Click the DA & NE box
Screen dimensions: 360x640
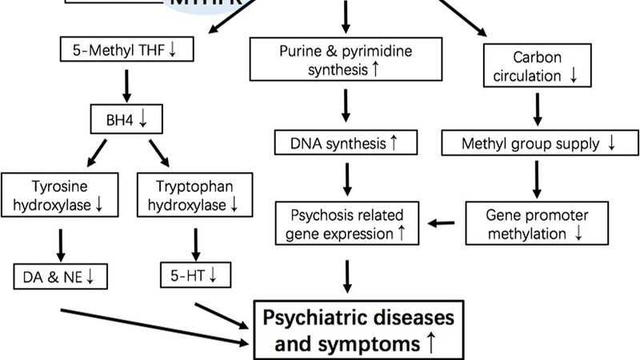pyautogui.click(x=59, y=277)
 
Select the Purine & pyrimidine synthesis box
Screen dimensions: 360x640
pyautogui.click(x=345, y=58)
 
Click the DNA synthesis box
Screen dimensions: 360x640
pyautogui.click(x=345, y=144)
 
